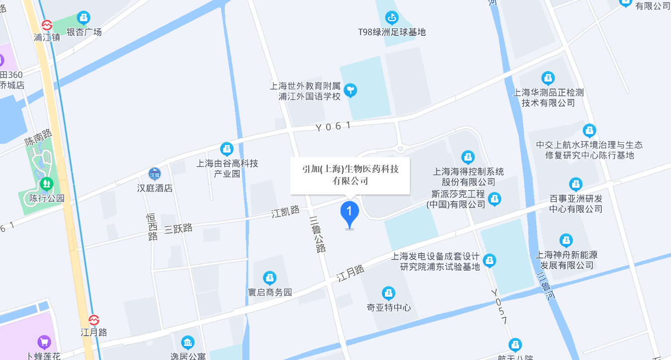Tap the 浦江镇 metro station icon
pyautogui.click(x=47, y=25)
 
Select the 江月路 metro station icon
pyautogui.click(x=94, y=320)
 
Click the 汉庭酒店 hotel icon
pyautogui.click(x=155, y=174)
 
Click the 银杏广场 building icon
pyautogui.click(x=84, y=18)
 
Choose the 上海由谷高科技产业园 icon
pyautogui.click(x=227, y=149)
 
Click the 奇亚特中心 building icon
pyautogui.click(x=388, y=293)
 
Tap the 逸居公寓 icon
pyautogui.click(x=188, y=342)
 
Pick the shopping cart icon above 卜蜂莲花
pyautogui.click(x=44, y=342)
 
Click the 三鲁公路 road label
pyautogui.click(x=317, y=234)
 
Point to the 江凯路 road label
pyautogui.click(x=286, y=212)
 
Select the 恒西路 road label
pyautogui.click(x=152, y=228)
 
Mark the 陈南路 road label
pyautogui.click(x=39, y=138)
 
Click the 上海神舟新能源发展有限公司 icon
pyautogui.click(x=566, y=241)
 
